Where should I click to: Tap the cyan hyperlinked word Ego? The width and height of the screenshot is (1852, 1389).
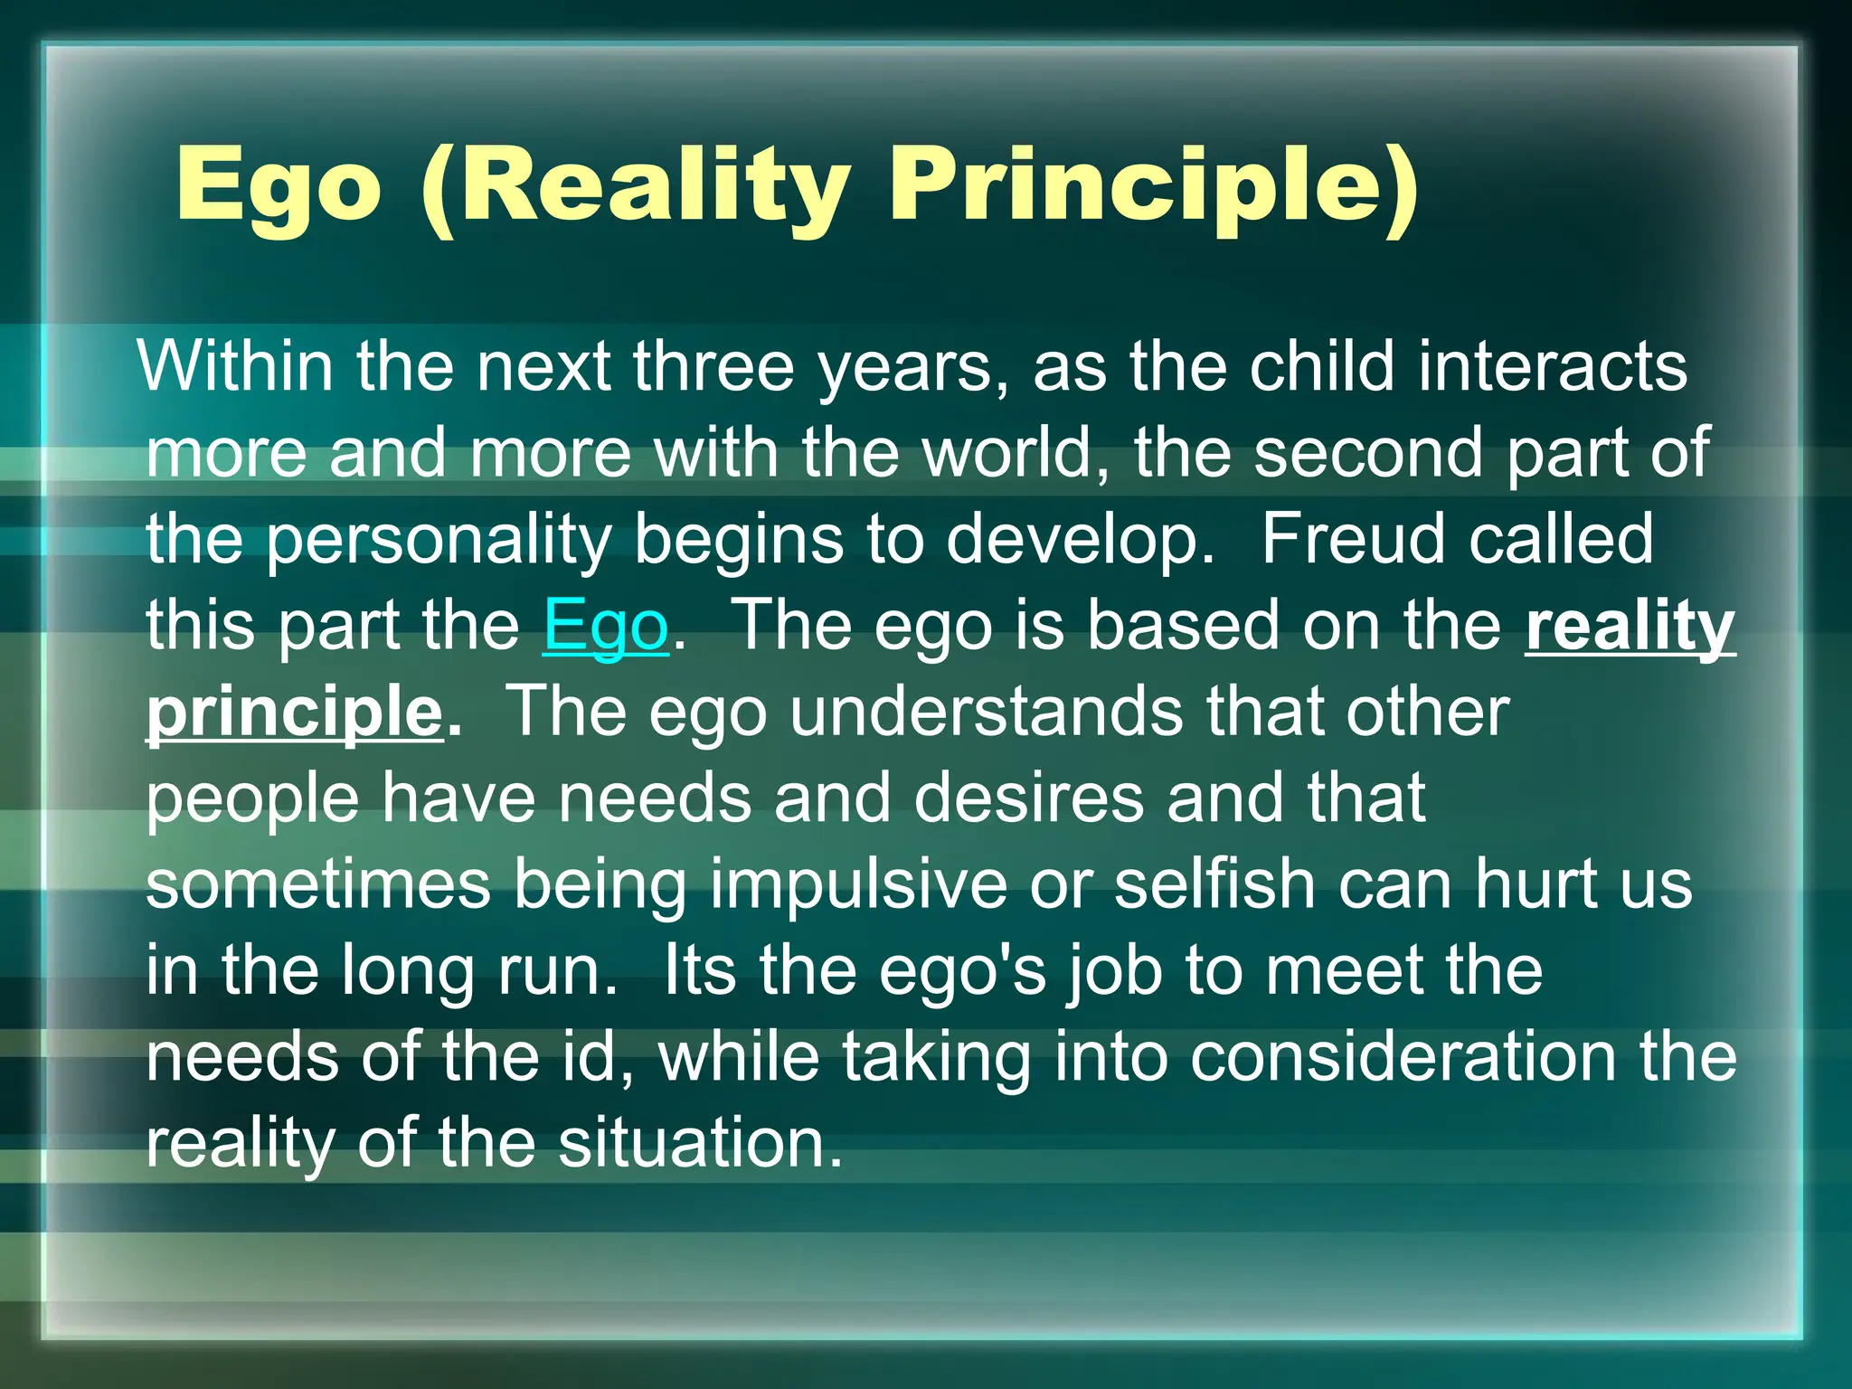[x=605, y=626]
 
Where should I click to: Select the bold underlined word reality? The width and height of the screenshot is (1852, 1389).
[x=1630, y=626]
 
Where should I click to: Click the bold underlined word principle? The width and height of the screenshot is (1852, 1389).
[x=295, y=713]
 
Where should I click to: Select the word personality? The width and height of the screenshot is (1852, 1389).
[x=439, y=540]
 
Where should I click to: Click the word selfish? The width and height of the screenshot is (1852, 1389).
[x=1214, y=884]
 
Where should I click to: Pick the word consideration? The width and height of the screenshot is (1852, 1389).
[x=1403, y=1057]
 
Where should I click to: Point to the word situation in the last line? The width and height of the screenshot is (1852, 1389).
[x=699, y=1143]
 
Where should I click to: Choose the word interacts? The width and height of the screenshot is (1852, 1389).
[x=1552, y=366]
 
